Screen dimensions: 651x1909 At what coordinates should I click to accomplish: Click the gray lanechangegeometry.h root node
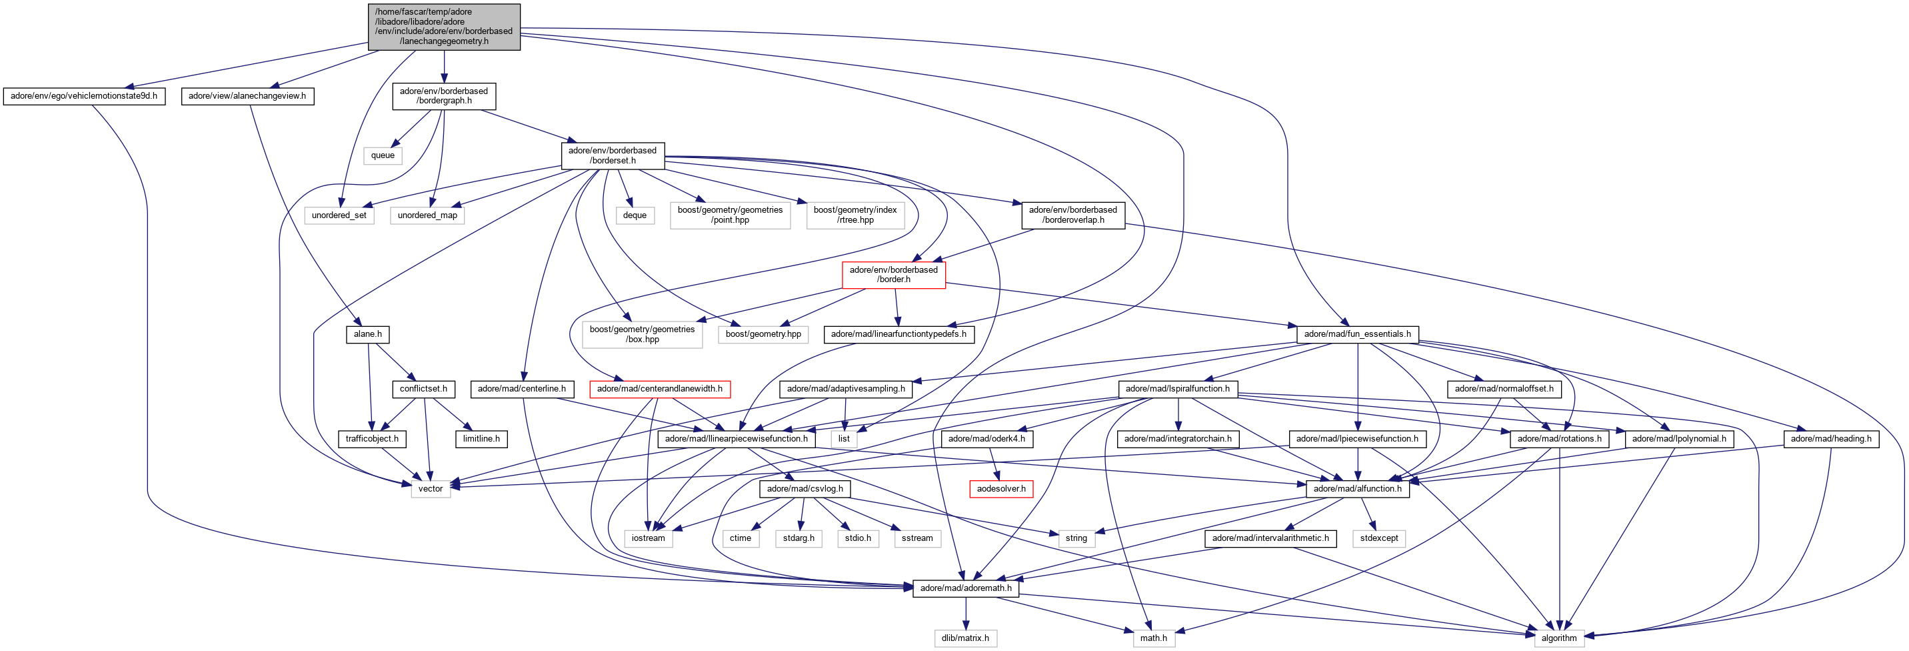point(444,27)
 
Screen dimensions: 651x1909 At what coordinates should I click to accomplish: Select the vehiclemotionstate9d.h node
point(84,97)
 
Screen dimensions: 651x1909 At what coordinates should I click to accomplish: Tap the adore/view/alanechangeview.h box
point(247,97)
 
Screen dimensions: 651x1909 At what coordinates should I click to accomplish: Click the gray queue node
point(383,155)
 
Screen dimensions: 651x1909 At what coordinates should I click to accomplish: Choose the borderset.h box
point(612,155)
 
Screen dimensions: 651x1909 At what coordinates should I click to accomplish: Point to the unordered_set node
point(339,215)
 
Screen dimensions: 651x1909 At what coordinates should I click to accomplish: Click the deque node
point(635,215)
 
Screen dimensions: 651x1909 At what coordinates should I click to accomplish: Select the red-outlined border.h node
point(893,275)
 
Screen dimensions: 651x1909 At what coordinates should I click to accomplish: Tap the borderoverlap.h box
point(1072,215)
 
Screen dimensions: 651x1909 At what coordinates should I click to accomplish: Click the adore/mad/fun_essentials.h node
point(1357,334)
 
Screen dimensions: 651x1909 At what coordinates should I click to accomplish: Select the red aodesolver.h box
point(1001,490)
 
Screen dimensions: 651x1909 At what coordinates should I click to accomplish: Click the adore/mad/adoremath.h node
point(966,589)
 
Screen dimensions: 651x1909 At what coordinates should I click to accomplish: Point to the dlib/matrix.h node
point(965,638)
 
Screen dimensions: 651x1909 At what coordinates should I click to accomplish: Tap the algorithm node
point(1559,638)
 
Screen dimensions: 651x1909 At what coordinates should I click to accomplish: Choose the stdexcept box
point(1378,539)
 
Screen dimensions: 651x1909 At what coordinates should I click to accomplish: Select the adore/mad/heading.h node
point(1830,440)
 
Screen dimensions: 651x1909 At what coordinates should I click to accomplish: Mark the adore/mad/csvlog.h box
point(805,490)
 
